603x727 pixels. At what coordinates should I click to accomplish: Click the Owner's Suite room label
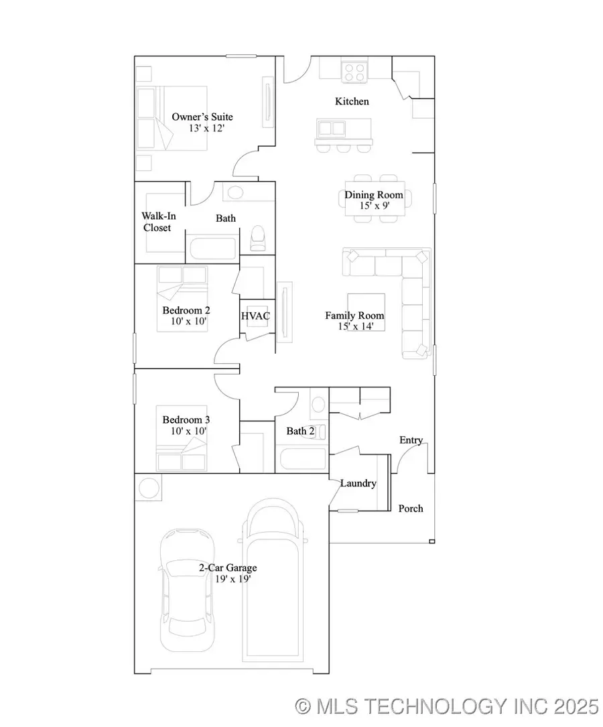coord(202,117)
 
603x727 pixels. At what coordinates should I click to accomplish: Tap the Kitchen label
coord(352,101)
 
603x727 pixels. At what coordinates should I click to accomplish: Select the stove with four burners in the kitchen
coord(355,71)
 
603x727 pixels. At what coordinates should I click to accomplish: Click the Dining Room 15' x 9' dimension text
coord(374,206)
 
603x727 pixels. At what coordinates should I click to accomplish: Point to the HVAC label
coord(255,316)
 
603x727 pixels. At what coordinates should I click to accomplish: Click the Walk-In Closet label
coord(156,222)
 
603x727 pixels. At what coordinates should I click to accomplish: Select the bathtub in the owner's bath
coord(211,246)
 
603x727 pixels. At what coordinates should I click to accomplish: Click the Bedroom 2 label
coord(186,310)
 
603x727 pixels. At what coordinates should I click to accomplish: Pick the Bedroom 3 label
coord(186,419)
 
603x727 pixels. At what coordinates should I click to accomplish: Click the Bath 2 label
coord(300,431)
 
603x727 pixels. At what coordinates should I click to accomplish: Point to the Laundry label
coord(358,483)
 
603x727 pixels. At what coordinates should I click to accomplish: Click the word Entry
coord(411,440)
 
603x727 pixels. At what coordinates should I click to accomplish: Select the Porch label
coord(411,508)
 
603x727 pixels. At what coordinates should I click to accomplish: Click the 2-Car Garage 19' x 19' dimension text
coord(228,579)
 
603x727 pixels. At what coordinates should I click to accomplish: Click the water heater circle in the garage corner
coord(149,486)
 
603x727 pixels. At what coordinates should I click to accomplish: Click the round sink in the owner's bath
coord(234,193)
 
